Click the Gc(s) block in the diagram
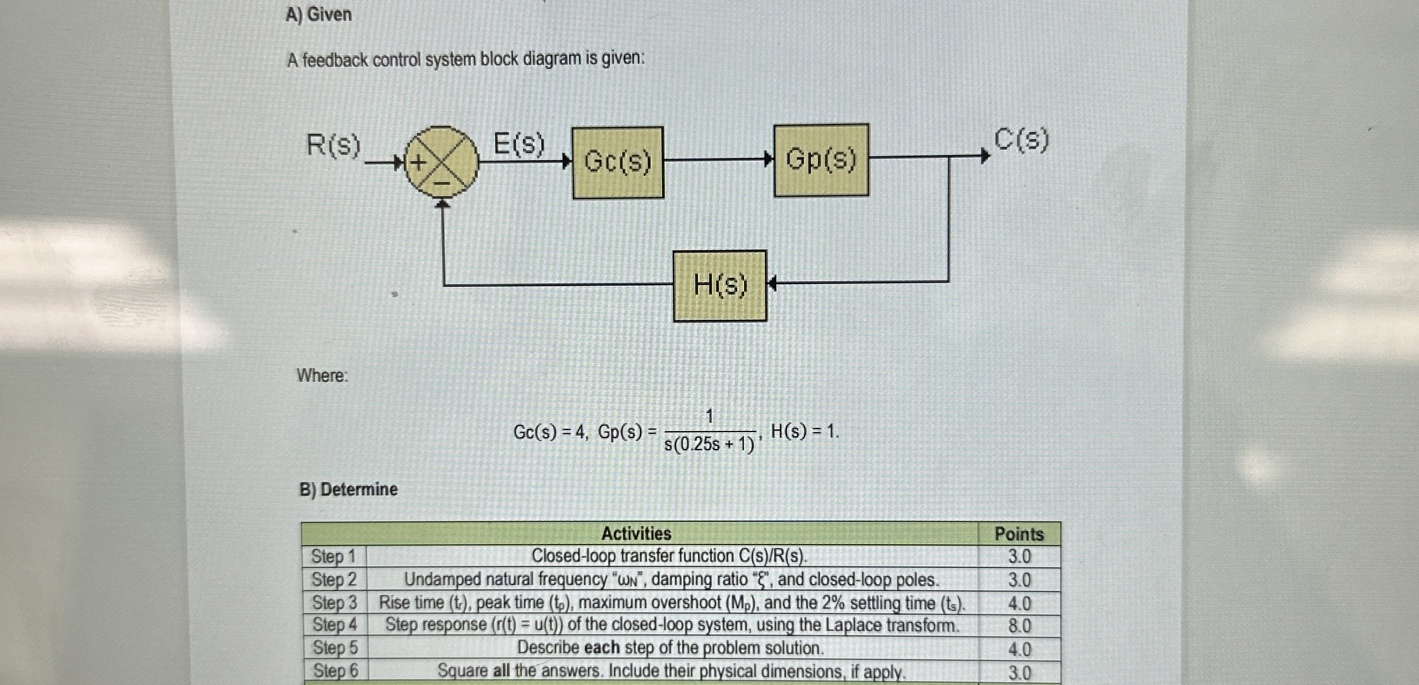click(x=617, y=162)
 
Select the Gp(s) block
click(x=821, y=160)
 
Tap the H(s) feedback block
click(x=720, y=286)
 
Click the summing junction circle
click(x=442, y=162)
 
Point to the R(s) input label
click(x=333, y=145)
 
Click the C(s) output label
click(x=1022, y=140)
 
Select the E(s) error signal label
click(x=519, y=143)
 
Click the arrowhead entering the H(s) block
click(x=773, y=283)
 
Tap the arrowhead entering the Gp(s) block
click(x=768, y=159)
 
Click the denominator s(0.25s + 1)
click(x=709, y=445)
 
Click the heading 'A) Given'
click(x=318, y=14)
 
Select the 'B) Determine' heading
click(x=348, y=490)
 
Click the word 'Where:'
click(x=322, y=376)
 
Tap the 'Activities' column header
click(x=636, y=533)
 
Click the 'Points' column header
click(x=1019, y=534)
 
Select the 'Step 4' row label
click(x=335, y=625)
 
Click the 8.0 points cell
click(x=1019, y=626)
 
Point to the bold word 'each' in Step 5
click(x=602, y=648)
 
